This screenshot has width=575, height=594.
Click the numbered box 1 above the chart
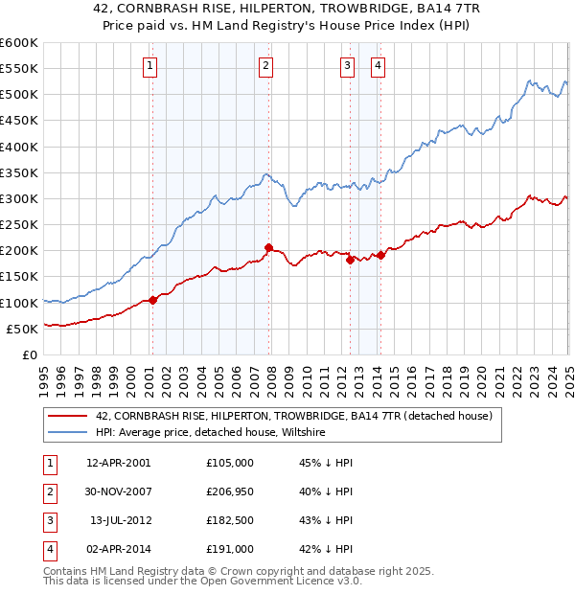(151, 66)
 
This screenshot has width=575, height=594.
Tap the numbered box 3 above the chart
(347, 66)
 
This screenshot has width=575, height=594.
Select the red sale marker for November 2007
(268, 247)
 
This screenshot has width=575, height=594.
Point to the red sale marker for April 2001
(152, 300)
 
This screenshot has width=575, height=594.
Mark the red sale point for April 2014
(380, 255)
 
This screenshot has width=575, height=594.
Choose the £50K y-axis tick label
(22, 329)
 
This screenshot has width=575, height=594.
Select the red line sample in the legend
(68, 417)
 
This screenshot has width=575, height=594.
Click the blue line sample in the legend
(68, 433)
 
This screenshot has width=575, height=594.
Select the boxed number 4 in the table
(49, 549)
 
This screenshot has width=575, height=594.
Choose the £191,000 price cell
(230, 549)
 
